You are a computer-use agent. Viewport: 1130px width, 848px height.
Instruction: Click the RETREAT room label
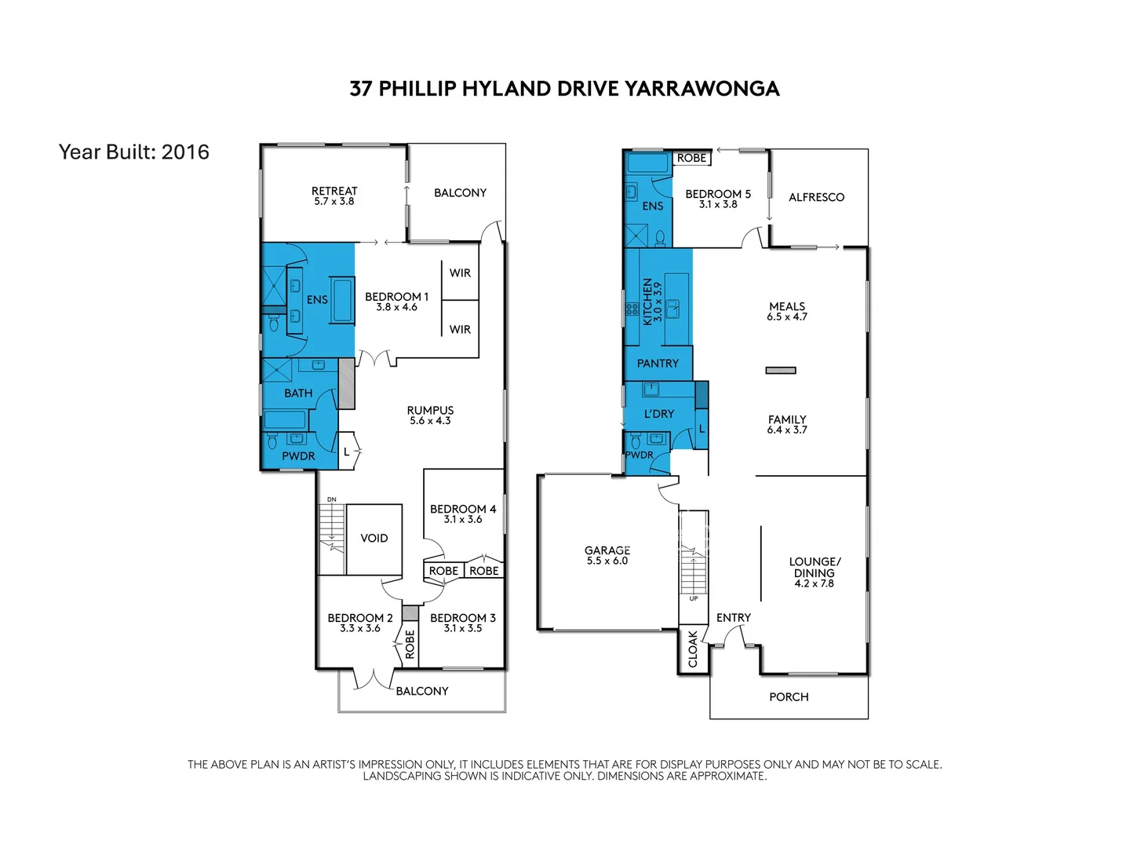coord(334,191)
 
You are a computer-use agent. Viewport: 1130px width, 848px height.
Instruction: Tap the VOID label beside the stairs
coord(374,539)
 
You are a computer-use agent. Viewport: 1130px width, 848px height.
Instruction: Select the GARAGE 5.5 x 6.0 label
coord(607,555)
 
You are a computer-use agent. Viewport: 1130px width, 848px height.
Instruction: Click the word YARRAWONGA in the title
coord(702,89)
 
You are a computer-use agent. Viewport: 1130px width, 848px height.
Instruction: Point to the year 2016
coord(185,152)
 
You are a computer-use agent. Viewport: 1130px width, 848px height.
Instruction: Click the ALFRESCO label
coord(816,198)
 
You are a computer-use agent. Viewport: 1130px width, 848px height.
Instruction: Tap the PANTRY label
coord(658,364)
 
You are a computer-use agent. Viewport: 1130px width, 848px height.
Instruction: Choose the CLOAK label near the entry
coord(693,649)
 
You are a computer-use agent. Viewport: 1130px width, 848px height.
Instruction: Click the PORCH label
coord(789,697)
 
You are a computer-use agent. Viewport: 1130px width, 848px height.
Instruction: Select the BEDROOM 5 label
coord(718,194)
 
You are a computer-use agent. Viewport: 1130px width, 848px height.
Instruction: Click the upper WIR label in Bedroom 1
coord(460,273)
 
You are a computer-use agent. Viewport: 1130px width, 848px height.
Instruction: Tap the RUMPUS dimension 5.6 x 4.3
coord(430,421)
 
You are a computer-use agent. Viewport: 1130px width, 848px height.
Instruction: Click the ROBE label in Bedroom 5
coord(691,158)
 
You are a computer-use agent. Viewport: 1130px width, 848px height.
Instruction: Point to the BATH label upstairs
coord(298,393)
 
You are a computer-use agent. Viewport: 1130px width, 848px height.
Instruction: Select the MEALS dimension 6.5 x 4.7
coord(787,317)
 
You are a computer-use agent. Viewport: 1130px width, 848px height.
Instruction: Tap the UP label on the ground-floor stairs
coord(694,598)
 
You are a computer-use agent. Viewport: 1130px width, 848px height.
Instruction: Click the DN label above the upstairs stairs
coord(332,499)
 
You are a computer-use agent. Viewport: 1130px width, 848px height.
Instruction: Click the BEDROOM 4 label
coord(463,509)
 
